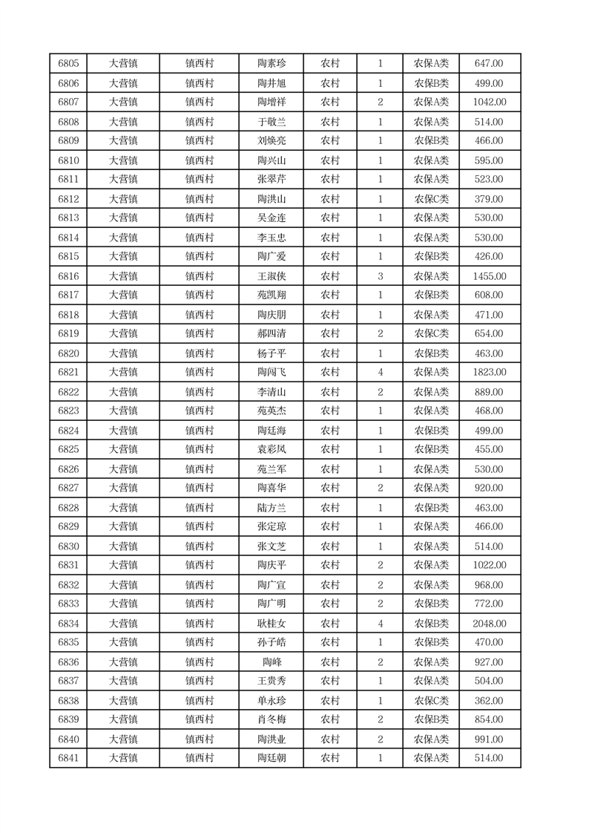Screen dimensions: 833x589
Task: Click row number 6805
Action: (68, 64)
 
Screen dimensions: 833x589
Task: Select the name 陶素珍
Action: (271, 64)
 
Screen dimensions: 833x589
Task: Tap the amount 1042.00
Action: (489, 102)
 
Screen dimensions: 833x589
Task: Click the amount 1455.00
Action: (489, 276)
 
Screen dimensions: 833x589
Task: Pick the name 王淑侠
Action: (271, 276)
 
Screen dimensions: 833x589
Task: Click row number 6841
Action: (68, 758)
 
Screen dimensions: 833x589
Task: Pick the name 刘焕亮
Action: (271, 141)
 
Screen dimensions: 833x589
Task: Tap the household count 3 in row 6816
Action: (381, 276)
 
